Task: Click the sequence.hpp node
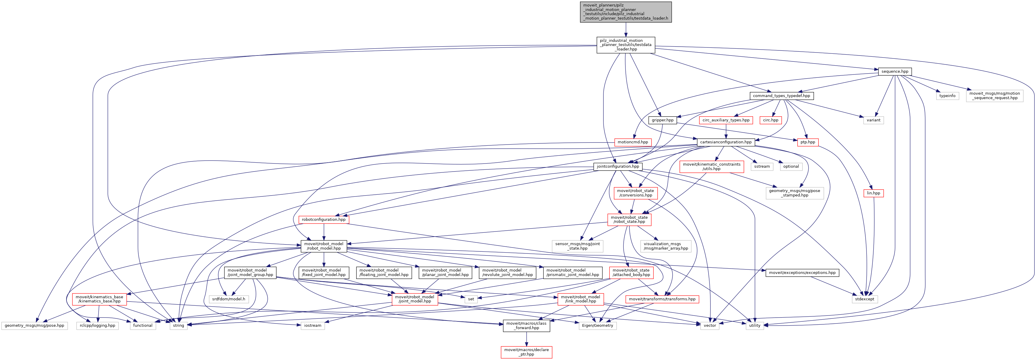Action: point(894,72)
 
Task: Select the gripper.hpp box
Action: point(662,120)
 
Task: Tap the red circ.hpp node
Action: point(771,120)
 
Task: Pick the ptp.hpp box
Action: point(807,142)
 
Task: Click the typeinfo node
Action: point(947,96)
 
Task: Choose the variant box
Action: point(873,120)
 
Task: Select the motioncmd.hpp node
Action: point(633,142)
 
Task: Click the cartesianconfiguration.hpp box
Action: point(725,142)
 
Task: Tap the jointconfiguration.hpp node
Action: point(618,166)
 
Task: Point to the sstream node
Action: point(762,166)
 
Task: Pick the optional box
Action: point(791,166)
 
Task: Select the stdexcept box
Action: point(864,299)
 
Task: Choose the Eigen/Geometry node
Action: point(597,326)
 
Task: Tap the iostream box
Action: point(313,326)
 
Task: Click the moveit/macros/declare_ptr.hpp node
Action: point(526,352)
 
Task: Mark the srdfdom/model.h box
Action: point(229,299)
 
